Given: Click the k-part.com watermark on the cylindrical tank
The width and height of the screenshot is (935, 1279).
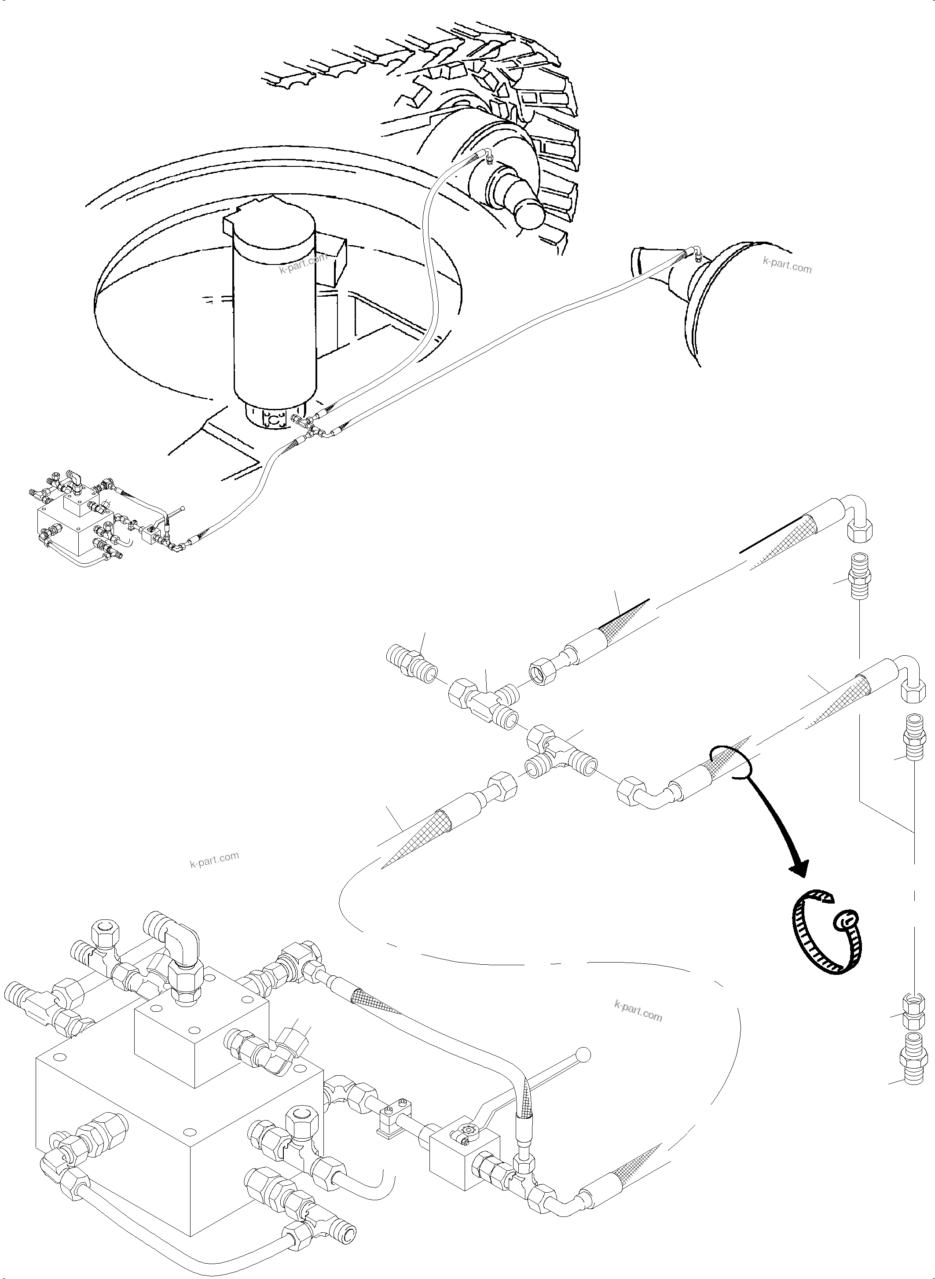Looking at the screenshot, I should (x=303, y=263).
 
